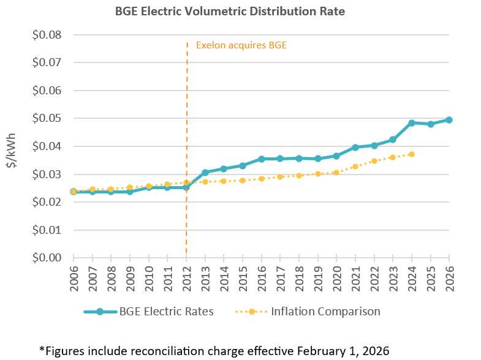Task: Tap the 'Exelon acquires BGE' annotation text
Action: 241,45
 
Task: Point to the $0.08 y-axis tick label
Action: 47,35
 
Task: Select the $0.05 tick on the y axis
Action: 47,118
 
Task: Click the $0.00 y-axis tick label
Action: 47,258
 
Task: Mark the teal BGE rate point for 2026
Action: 449,120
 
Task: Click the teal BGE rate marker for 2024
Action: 412,123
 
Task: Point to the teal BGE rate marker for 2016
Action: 261,159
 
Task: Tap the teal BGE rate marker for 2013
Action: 205,173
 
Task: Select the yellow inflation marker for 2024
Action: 412,154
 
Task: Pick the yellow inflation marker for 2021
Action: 355,167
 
